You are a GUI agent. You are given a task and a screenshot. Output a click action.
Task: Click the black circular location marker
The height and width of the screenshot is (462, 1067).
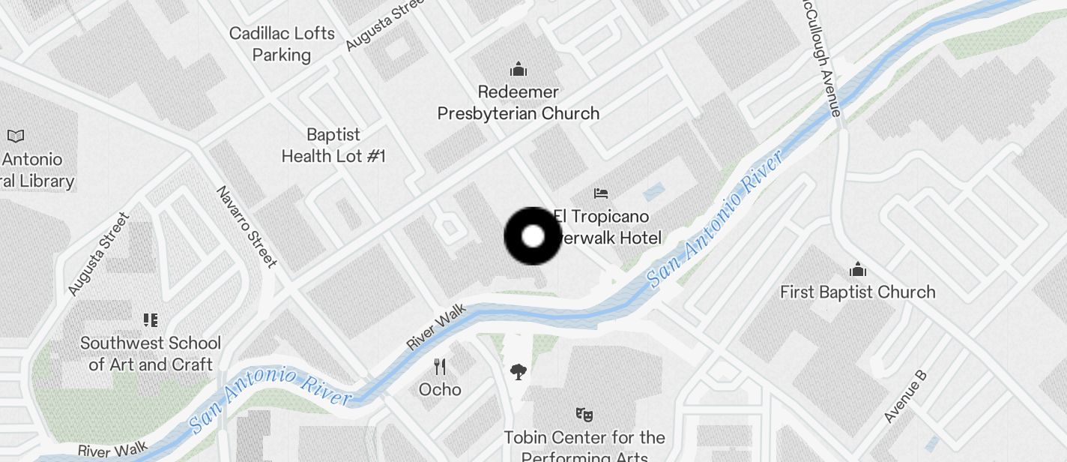point(533,236)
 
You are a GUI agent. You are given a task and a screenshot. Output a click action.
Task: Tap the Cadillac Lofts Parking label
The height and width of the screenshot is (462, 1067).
point(282,44)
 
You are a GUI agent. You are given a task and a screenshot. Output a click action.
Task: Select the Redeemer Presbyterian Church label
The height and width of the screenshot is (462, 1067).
point(519,103)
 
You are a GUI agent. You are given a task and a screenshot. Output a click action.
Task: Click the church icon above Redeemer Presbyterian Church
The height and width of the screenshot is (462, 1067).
point(519,70)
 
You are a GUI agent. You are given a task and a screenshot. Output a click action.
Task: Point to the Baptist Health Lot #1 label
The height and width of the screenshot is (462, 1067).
point(333,145)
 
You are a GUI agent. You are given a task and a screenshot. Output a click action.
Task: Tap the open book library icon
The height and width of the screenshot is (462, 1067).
point(16,136)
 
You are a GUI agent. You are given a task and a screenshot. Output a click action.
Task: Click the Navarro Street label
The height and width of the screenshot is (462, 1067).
point(247,226)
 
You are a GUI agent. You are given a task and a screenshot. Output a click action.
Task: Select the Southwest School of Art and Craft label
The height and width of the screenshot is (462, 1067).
point(151,354)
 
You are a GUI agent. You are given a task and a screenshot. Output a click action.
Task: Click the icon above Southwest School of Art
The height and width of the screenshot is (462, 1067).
point(151,321)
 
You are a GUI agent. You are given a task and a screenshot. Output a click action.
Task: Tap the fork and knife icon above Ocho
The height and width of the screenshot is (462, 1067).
point(441,367)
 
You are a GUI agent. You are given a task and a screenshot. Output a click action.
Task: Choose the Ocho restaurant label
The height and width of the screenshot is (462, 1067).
point(440,389)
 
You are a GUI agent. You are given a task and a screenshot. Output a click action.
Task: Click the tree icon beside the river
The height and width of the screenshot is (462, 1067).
point(518,371)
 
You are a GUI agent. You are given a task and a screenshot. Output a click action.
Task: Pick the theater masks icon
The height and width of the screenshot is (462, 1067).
point(584,413)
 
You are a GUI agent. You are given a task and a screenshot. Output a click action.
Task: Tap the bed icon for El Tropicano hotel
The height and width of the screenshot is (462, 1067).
point(601,193)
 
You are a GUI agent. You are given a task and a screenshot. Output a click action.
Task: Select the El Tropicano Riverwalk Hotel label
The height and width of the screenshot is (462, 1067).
point(607,227)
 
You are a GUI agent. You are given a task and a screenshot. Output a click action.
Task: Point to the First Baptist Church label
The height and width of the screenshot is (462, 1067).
point(858,292)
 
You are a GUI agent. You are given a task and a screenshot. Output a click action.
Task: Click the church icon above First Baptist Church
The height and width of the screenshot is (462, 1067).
point(858,269)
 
